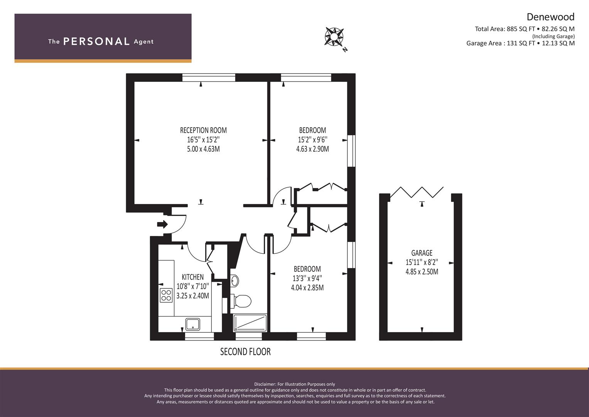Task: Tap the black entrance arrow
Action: (x=162, y=224)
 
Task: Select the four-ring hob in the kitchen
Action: (x=166, y=295)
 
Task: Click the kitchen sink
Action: (x=193, y=324)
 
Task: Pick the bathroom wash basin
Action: (x=235, y=281)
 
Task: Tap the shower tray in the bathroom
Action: (x=250, y=323)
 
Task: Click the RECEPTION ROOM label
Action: (x=203, y=131)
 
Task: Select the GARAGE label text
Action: (x=422, y=253)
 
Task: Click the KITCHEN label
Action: (x=193, y=277)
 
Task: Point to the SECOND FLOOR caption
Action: (x=245, y=352)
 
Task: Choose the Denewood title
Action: (x=550, y=17)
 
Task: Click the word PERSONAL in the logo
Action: (x=96, y=41)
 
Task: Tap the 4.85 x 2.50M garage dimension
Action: (x=422, y=272)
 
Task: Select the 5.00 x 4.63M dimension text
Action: (x=203, y=149)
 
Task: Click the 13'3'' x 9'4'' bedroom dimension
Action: (x=307, y=278)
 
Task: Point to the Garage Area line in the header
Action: (x=520, y=43)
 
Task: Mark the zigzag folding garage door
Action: (x=417, y=192)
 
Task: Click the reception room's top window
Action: (x=209, y=78)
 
